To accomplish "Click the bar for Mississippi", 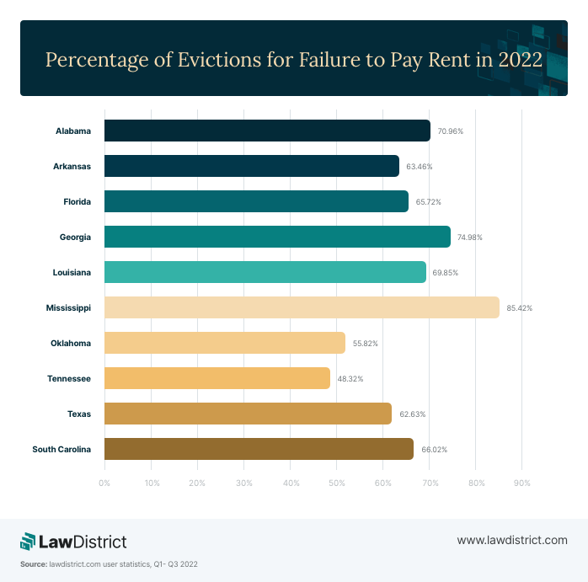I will (x=302, y=307).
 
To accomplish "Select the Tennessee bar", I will (x=216, y=378).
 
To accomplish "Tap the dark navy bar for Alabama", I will (x=266, y=131).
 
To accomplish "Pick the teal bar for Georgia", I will (x=277, y=237).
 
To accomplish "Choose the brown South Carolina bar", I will (x=259, y=449).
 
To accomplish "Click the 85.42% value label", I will (x=519, y=308).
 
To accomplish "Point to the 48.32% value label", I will (x=350, y=379).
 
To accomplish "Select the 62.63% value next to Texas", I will (x=411, y=414).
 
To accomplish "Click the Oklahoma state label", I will (x=70, y=343).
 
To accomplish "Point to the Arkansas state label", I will (x=72, y=166).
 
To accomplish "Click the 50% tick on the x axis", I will (x=336, y=483).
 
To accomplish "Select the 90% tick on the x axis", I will (x=521, y=483).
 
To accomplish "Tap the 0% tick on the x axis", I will (x=104, y=483).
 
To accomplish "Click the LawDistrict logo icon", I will (x=29, y=540).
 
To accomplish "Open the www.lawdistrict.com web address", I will (x=511, y=540).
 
